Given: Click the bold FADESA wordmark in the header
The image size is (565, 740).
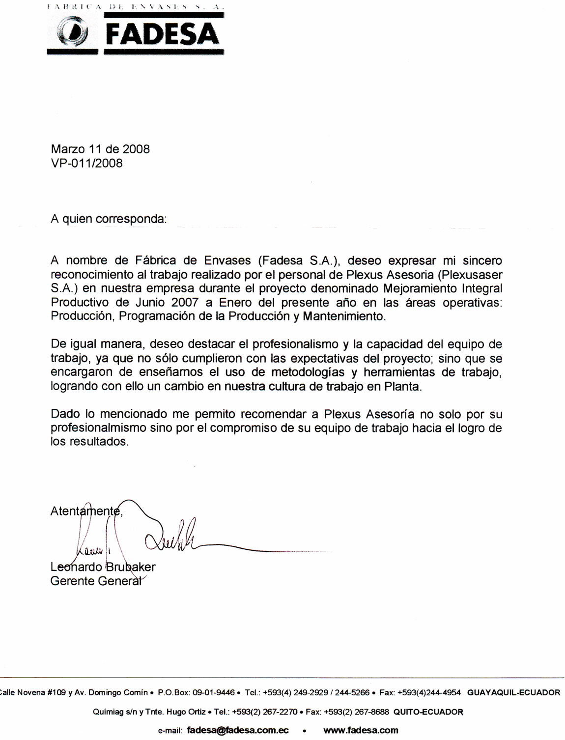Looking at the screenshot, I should (162, 34).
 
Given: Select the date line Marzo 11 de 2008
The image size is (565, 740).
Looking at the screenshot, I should (100, 149).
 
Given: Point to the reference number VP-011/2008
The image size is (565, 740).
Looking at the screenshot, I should (86, 163).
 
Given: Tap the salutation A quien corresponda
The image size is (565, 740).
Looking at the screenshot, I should (109, 219).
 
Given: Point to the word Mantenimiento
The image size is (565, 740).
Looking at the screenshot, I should (344, 316).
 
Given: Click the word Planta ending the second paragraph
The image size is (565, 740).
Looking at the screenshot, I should (401, 386).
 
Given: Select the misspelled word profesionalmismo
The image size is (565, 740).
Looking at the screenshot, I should (98, 428).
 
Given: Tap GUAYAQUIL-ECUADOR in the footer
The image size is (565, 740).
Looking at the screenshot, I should (513, 693).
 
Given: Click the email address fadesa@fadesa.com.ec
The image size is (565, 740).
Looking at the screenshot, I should (238, 730).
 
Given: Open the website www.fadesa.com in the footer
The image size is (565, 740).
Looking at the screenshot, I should (361, 730).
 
